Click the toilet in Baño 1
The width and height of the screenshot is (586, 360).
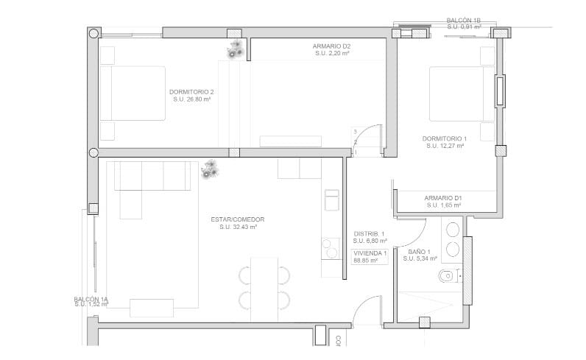446,278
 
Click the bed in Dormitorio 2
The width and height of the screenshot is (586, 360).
133,93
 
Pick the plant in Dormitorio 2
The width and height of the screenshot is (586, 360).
236,49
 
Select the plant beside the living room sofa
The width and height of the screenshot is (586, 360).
211,170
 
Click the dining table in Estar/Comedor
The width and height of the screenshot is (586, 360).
264,288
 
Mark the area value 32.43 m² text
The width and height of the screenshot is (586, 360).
238,227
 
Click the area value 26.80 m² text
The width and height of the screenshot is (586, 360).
191,99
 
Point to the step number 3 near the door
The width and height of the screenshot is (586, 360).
355,132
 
